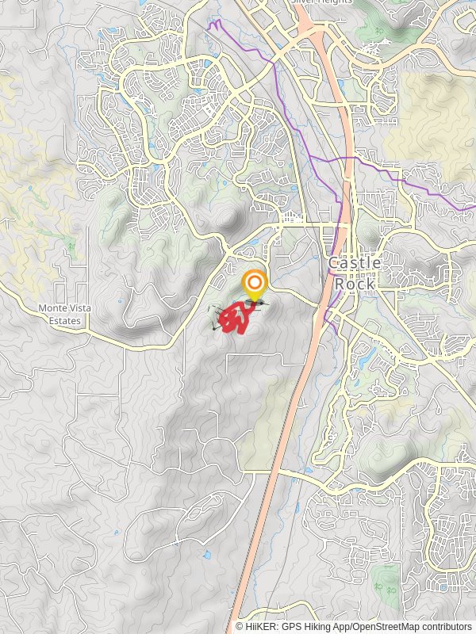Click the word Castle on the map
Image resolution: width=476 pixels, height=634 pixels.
355,262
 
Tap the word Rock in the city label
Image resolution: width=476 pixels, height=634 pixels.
355,283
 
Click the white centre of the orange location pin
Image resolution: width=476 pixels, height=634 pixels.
255,284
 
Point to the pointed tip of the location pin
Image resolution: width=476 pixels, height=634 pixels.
255,302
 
